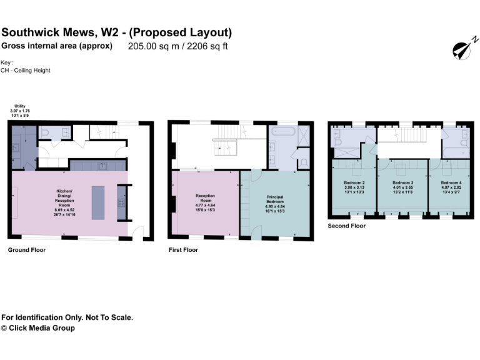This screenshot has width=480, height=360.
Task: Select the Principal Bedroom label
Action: pos(275,200)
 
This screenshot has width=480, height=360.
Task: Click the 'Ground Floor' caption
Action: pos(27,250)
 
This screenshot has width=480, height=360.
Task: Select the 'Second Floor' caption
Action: pos(347,226)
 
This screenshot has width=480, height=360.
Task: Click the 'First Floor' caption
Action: pos(183,250)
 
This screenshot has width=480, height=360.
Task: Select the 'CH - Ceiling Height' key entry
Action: pos(26,71)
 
